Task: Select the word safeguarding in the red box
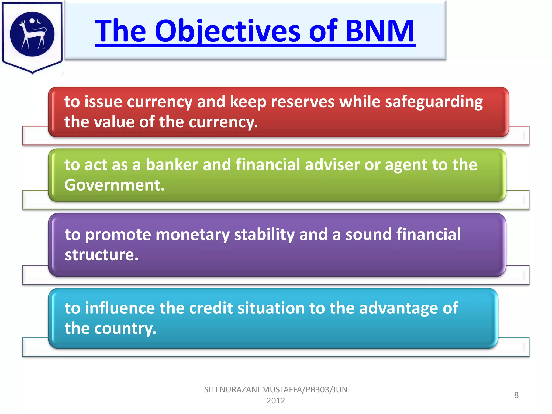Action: coord(434,102)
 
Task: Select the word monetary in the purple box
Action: coord(192,234)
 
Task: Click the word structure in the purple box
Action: coord(101,255)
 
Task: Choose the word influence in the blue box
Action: coord(120,308)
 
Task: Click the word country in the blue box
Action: coord(125,329)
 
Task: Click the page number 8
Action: coord(516,395)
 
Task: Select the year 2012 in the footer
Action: coord(276,401)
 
